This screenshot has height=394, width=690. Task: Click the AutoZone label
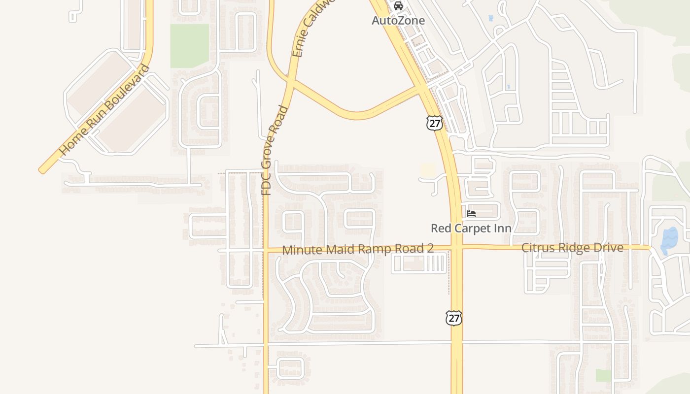point(398,21)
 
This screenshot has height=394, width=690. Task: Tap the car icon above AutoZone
point(398,6)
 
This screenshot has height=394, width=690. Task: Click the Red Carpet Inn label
point(471,229)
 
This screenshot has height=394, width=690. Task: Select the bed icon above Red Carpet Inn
point(471,214)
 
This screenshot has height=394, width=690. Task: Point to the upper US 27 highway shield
point(434,123)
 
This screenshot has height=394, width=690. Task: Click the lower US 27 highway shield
point(453,318)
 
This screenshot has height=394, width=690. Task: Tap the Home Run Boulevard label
point(104,110)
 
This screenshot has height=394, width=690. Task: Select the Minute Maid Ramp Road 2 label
point(358,249)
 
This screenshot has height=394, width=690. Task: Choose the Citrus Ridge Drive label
point(572,248)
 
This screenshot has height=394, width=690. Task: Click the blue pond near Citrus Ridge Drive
point(669,240)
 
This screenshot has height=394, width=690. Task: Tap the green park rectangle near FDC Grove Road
point(190,46)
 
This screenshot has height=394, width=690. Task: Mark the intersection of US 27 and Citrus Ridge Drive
point(456,247)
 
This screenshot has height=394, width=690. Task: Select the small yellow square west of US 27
point(428,170)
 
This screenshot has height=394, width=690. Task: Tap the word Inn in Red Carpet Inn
point(502,229)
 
